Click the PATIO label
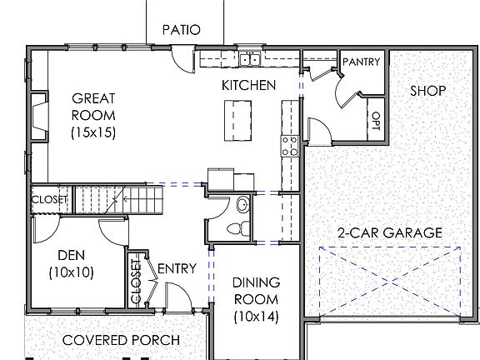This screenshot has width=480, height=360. [x=181, y=29]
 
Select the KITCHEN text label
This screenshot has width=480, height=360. [x=247, y=85]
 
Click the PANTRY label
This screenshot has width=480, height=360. [x=362, y=62]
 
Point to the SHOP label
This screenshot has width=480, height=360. [x=427, y=90]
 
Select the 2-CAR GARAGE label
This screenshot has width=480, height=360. [x=389, y=232]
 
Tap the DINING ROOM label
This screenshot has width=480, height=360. [x=256, y=299]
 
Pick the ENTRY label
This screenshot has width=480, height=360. [x=177, y=268]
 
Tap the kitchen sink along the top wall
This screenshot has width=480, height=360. [x=249, y=58]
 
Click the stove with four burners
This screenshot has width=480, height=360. [x=290, y=146]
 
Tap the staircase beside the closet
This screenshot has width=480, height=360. [x=101, y=199]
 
